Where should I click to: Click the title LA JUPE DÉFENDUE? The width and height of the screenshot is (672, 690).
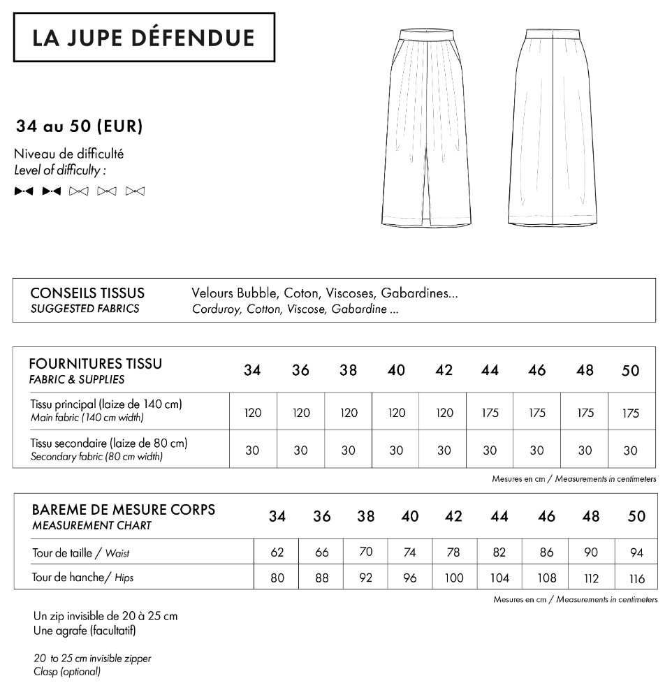pyautogui.click(x=144, y=38)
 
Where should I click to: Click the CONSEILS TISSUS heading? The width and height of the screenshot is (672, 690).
pyautogui.click(x=87, y=293)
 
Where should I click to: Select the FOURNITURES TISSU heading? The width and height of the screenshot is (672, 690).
pyautogui.click(x=96, y=364)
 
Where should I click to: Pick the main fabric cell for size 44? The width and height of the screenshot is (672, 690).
pyautogui.click(x=490, y=413)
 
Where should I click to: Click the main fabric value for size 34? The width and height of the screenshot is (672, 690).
pyautogui.click(x=253, y=413)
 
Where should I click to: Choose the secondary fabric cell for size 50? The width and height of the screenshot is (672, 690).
pyautogui.click(x=630, y=450)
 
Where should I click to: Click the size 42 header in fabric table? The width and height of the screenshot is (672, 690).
pyautogui.click(x=444, y=370)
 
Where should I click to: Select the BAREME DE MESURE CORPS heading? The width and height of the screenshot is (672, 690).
pyautogui.click(x=123, y=509)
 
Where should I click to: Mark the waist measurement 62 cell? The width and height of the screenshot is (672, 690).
pyautogui.click(x=277, y=552)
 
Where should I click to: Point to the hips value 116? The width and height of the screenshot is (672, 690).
pyautogui.click(x=636, y=578)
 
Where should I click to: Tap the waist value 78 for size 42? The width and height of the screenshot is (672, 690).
pyautogui.click(x=453, y=552)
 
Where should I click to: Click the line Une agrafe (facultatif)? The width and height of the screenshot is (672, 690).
pyautogui.click(x=85, y=631)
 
